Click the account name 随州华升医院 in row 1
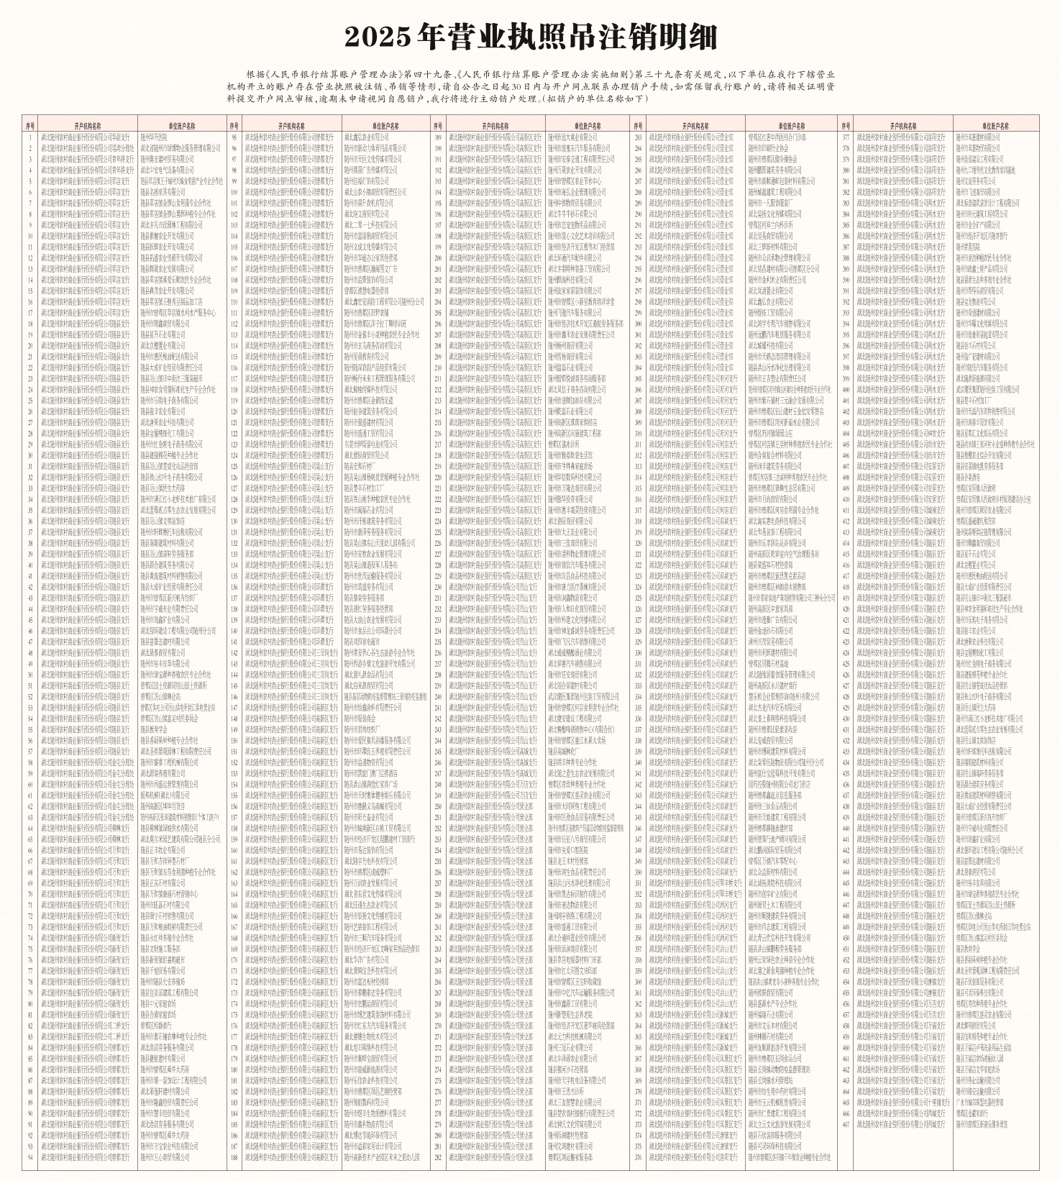(154, 137)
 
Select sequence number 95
(234, 137)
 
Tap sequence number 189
(438, 137)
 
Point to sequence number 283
(638, 137)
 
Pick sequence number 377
(846, 137)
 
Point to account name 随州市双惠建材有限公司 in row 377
(978, 137)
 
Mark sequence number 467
(846, 1124)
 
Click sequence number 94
(30, 1157)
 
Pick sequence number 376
(638, 1157)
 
